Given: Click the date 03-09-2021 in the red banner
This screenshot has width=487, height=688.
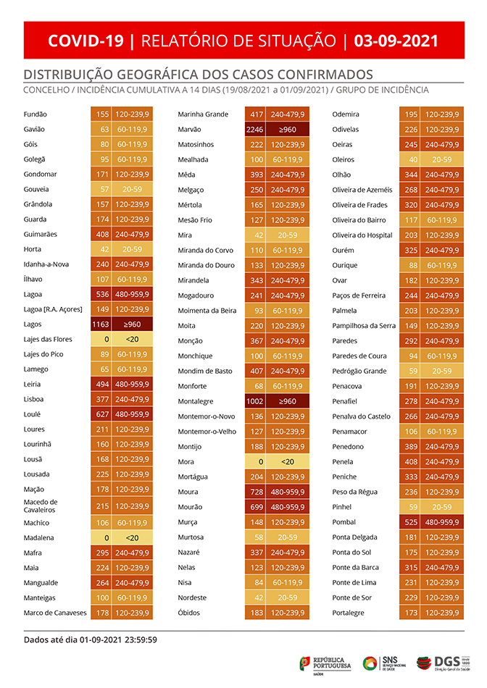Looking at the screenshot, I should (396, 41).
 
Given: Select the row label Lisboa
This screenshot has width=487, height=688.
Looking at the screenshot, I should (34, 398).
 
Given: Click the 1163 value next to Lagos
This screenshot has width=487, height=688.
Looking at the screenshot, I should (100, 325).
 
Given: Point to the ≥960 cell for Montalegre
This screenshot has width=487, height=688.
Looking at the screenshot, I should (288, 400).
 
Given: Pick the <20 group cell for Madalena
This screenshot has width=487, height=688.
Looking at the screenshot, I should (133, 538).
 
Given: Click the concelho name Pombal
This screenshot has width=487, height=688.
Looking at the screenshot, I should (344, 522).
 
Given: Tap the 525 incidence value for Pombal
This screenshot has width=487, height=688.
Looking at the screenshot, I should (411, 522).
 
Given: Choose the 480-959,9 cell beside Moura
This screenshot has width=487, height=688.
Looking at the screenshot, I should (288, 492).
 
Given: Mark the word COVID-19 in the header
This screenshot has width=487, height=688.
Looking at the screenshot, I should (86, 41).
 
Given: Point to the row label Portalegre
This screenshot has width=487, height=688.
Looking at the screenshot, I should (349, 613).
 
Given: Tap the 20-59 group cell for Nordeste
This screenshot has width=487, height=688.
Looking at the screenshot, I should (288, 597).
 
